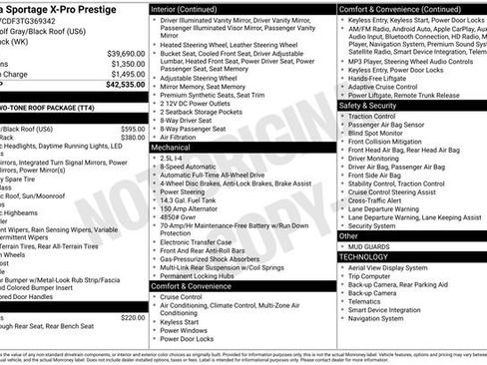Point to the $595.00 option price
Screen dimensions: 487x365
pyautogui.click(x=133, y=129)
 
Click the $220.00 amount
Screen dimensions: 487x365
pyautogui.click(x=133, y=317)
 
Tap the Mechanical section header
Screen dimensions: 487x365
pyautogui.click(x=171, y=146)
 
